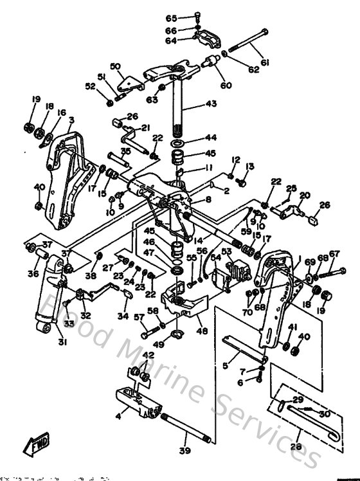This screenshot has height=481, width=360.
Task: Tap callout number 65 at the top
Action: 171,17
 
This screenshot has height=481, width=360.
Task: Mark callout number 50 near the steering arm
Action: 116,66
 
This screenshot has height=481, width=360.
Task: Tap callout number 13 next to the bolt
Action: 250,166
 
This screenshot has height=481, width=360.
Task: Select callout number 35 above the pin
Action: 125,151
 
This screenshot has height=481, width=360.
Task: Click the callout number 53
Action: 226,251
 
